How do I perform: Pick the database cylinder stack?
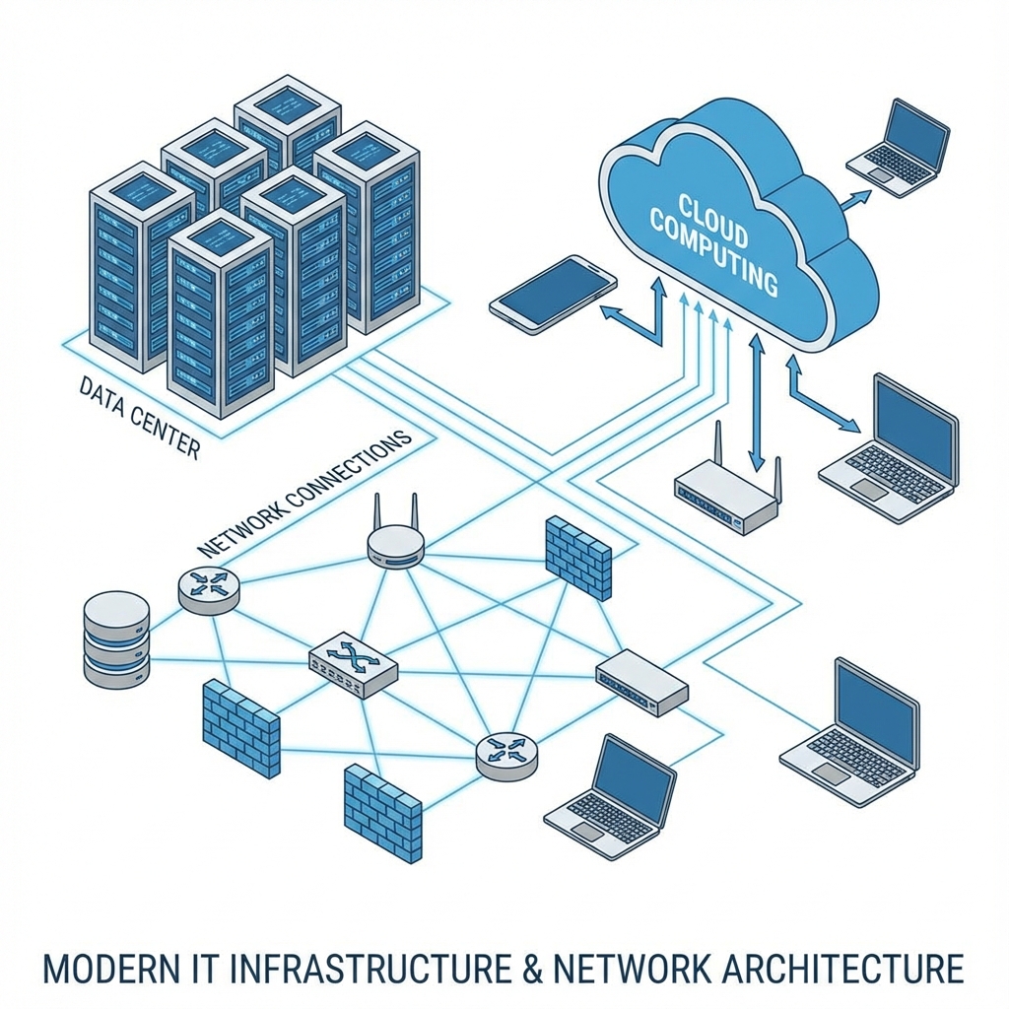tap(116, 639)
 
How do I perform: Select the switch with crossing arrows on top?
tap(353, 665)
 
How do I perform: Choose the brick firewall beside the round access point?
tap(578, 557)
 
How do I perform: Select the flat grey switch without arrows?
tap(641, 681)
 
